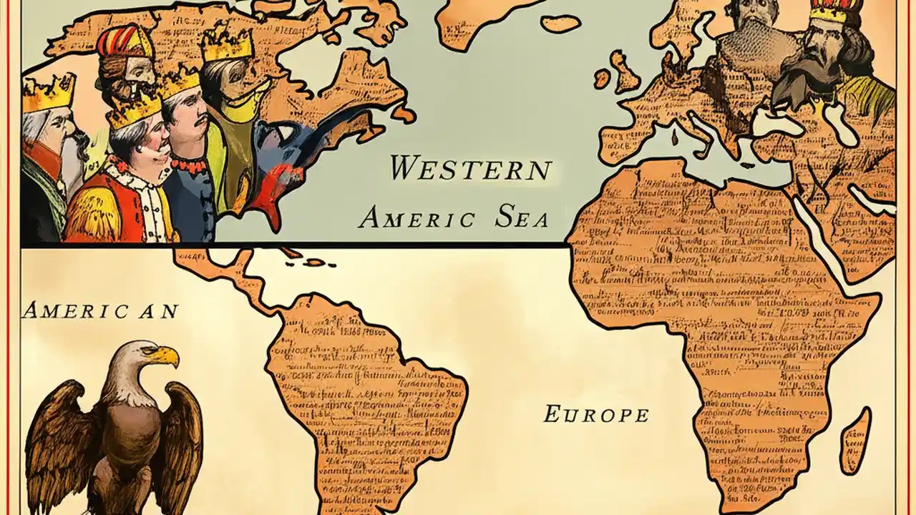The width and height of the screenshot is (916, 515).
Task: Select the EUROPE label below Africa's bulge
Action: (x=596, y=414)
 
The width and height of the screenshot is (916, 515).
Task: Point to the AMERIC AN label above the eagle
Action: (x=100, y=310)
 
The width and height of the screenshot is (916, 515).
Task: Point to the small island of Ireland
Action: (x=602, y=79)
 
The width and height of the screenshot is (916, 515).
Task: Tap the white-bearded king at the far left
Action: (x=47, y=143)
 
